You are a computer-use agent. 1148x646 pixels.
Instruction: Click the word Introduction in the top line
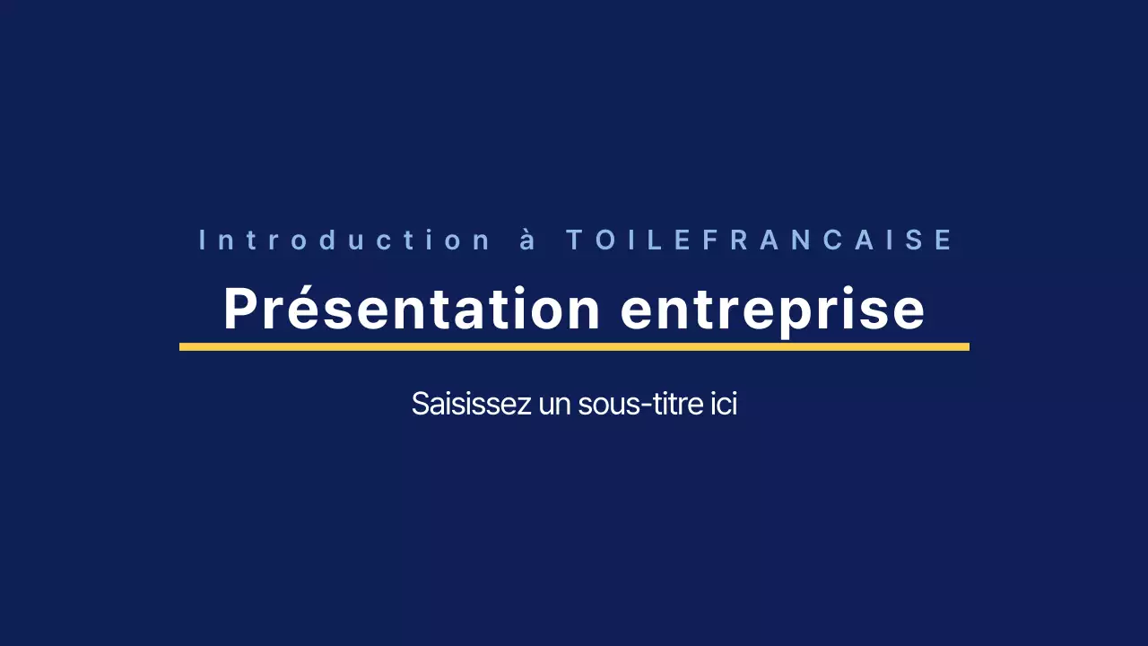pyautogui.click(x=345, y=240)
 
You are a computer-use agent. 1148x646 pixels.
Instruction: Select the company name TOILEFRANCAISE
pyautogui.click(x=759, y=240)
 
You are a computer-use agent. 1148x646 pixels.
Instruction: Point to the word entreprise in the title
pyautogui.click(x=772, y=310)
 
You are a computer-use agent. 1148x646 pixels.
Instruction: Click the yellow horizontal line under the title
pyautogui.click(x=574, y=346)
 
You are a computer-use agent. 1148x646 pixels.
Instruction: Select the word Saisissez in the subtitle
pyautogui.click(x=471, y=404)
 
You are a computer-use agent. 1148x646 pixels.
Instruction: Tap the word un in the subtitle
pyautogui.click(x=556, y=405)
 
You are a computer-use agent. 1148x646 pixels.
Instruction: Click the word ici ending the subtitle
pyautogui.click(x=726, y=404)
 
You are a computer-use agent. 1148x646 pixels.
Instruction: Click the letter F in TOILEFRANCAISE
pyautogui.click(x=709, y=240)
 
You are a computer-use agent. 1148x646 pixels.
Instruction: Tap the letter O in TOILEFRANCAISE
pyautogui.click(x=603, y=240)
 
